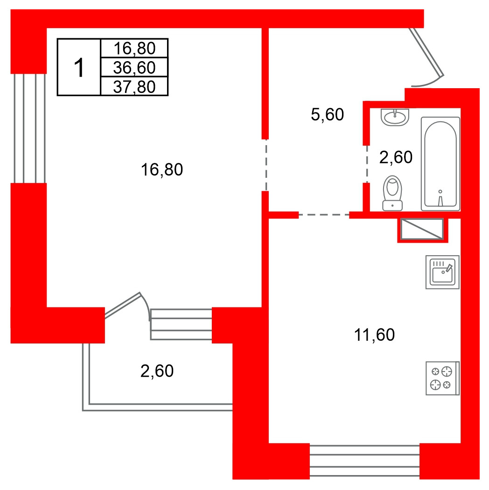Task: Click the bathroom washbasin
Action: click(x=395, y=117)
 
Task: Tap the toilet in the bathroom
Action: click(x=392, y=193)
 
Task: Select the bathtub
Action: click(x=440, y=164)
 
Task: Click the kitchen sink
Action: click(x=442, y=272)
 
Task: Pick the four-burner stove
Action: click(x=442, y=378)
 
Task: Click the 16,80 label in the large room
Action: click(x=162, y=170)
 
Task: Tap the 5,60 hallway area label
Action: click(x=327, y=114)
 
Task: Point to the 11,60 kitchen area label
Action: click(x=374, y=335)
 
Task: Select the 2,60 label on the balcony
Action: click(x=157, y=371)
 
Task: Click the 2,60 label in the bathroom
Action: click(x=396, y=157)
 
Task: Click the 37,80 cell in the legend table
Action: click(x=134, y=86)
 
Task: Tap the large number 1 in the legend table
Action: click(x=79, y=68)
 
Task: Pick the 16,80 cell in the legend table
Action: click(x=134, y=49)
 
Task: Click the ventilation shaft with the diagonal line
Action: click(x=422, y=229)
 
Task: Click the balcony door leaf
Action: click(x=123, y=305)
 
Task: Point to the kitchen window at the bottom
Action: click(x=364, y=461)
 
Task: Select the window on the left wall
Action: click(x=30, y=128)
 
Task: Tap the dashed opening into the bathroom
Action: click(x=367, y=164)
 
